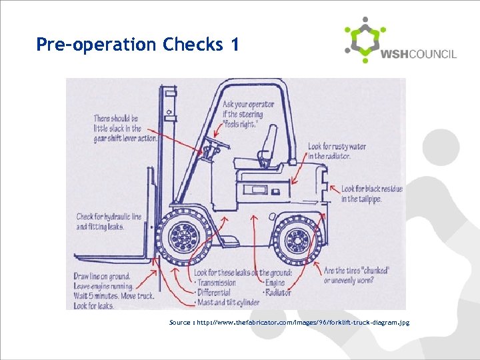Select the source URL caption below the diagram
(289, 323)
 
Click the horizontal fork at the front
(113, 257)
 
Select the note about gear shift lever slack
(125, 129)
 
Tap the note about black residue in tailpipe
(371, 194)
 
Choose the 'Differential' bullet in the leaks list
(216, 293)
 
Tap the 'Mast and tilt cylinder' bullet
(229, 303)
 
